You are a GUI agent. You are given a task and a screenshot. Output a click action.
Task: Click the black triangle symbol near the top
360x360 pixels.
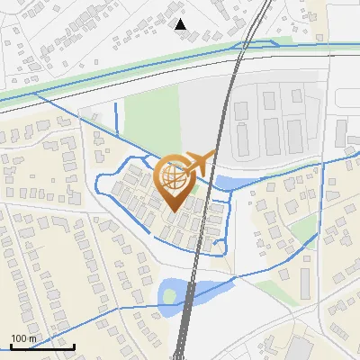pos(180,24)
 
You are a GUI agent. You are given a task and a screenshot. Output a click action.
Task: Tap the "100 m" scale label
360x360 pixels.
pos(23,338)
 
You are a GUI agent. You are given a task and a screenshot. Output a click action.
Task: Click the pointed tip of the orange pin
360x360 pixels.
pos(175,211)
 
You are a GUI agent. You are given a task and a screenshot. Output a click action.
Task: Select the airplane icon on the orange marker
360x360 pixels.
pos(200,163)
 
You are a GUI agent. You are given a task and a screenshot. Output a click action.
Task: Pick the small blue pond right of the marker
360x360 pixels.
pos(227,183)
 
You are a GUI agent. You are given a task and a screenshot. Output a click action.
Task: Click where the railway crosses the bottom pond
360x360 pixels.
pos(189,292)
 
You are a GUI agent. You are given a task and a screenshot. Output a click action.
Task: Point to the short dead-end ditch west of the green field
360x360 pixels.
pos(117,117)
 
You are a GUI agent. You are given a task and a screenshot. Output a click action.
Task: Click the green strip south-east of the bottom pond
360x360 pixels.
pos(270,290)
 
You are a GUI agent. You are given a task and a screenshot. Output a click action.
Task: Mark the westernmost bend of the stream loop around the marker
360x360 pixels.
pos(97,186)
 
